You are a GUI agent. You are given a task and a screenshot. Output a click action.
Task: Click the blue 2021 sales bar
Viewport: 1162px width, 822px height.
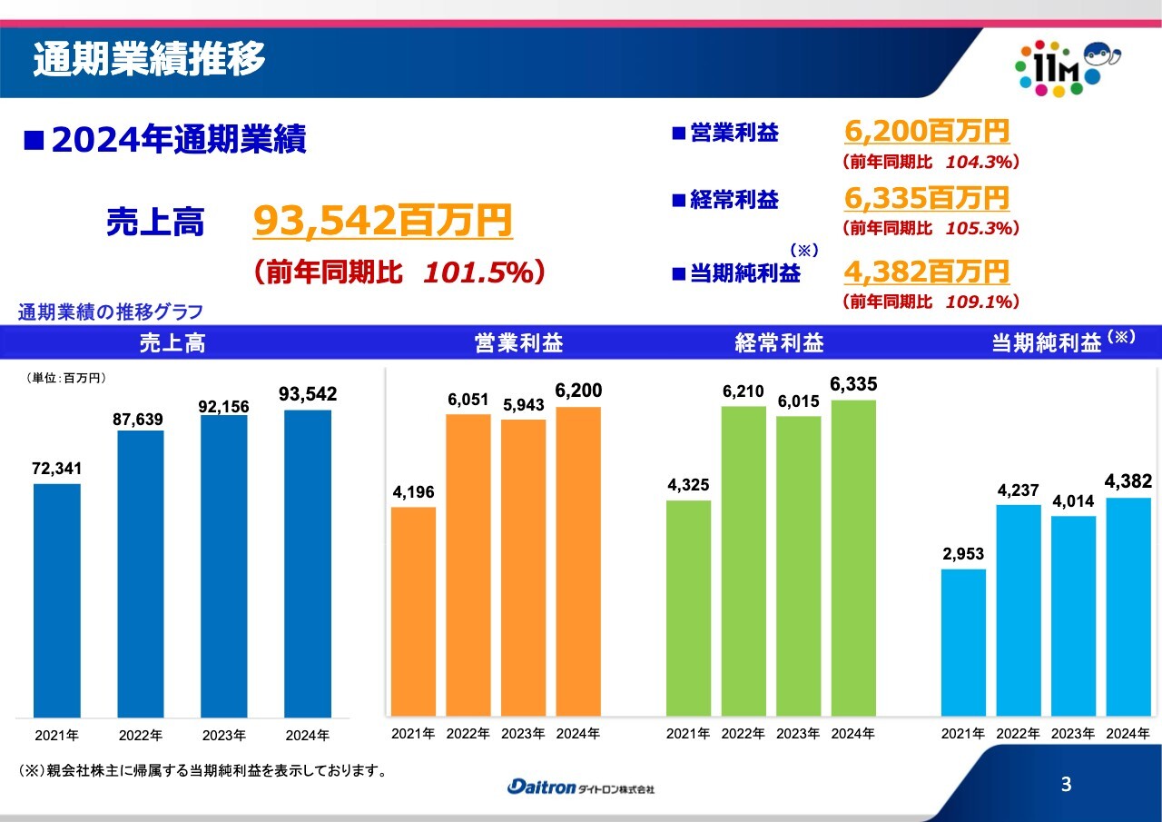(x=57, y=599)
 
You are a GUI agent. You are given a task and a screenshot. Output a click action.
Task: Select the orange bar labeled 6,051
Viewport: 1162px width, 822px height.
(x=468, y=563)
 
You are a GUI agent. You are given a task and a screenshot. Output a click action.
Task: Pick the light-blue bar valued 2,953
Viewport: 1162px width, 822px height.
(x=963, y=641)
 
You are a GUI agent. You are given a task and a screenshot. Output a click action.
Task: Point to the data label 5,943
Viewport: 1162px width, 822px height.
(x=522, y=405)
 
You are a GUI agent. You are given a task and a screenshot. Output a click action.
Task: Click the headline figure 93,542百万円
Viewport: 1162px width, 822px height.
(x=382, y=221)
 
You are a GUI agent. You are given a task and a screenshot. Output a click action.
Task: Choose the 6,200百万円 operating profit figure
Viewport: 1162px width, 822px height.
(x=926, y=132)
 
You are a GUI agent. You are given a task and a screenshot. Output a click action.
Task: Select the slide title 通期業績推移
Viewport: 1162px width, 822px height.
(x=150, y=60)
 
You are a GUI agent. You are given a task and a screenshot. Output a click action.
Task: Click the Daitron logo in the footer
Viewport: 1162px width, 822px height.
(x=580, y=787)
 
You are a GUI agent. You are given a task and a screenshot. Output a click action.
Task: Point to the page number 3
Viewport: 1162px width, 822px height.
(x=1066, y=785)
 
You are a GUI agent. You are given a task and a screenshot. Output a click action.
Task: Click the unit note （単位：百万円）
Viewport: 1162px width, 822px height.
(x=64, y=377)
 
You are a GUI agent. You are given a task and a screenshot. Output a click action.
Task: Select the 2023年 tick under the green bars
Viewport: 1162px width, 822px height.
(x=798, y=733)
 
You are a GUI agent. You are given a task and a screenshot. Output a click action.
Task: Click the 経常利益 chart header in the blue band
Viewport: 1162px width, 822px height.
(x=779, y=343)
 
